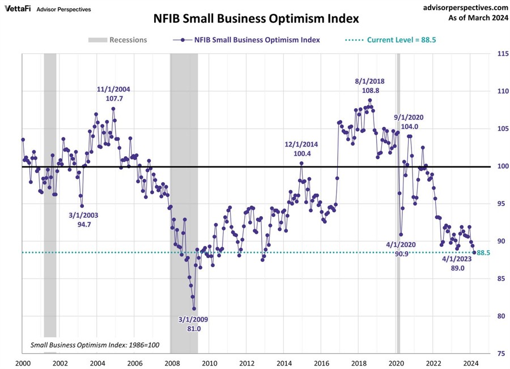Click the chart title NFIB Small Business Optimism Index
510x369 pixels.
tap(256, 18)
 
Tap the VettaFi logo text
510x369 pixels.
tap(18, 9)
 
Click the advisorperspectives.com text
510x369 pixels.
tap(458, 7)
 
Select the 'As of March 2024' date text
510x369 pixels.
tap(474, 18)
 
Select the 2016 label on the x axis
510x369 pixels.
tap(321, 363)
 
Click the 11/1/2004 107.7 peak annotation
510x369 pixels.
tap(113, 94)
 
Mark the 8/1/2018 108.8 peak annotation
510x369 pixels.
tap(370, 85)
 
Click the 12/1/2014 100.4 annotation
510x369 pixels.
tap(301, 149)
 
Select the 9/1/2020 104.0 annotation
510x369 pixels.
tap(409, 122)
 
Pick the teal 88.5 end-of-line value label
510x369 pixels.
tap(483, 253)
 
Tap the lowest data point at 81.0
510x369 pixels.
tap(194, 308)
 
